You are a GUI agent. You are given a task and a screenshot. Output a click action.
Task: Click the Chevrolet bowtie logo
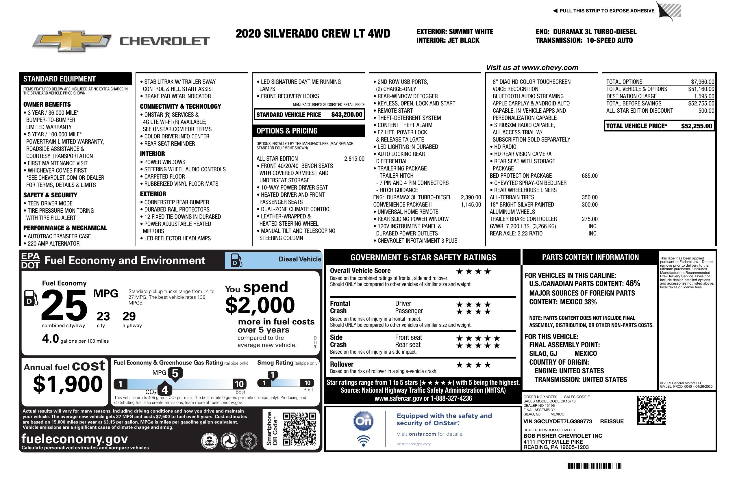coord(72,41)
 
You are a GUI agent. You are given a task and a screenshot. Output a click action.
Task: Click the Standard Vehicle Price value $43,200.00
coord(347,114)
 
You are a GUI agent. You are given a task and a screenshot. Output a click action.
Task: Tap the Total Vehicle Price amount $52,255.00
coord(697,126)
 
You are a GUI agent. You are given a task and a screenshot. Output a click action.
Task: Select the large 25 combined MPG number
coord(64,305)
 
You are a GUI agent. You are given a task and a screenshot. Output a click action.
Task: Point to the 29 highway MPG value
coord(129,316)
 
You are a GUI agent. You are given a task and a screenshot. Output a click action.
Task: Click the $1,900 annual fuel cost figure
coord(68,384)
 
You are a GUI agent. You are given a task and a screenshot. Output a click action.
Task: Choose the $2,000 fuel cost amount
coord(260,305)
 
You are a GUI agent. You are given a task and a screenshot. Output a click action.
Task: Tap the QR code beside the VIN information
coord(651,410)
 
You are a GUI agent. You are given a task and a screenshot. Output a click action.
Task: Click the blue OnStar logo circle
coord(364,421)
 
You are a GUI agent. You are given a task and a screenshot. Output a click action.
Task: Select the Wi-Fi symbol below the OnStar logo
coord(364,441)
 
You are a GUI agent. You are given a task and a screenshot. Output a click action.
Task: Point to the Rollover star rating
coord(473,365)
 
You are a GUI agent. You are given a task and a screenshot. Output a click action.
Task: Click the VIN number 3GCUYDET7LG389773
coord(558,421)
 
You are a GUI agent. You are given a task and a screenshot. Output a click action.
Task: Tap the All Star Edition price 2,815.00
coord(354,159)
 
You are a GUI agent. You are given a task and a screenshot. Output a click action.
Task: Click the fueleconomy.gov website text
coord(75,439)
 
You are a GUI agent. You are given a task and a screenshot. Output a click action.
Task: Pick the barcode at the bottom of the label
coord(593,466)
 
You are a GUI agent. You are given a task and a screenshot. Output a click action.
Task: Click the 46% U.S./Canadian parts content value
coord(632,283)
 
